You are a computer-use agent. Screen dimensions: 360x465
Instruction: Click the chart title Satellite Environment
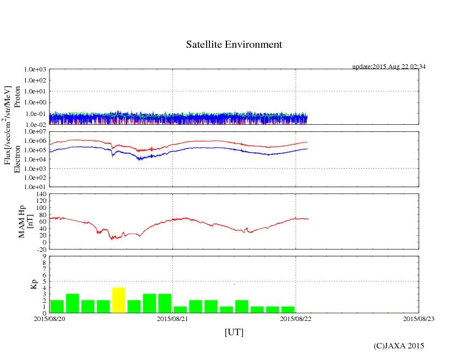[x=234, y=45]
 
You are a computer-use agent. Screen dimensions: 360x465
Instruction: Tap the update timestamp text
[x=389, y=67]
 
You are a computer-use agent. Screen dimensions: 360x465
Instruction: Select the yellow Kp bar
[x=119, y=300]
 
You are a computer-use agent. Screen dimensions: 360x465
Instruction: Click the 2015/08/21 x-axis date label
[x=173, y=319]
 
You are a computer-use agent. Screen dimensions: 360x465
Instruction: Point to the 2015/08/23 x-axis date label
[x=419, y=319]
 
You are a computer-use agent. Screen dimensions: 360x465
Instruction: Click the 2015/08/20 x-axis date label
[x=49, y=319]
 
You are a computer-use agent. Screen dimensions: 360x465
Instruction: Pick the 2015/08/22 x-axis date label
[x=296, y=319]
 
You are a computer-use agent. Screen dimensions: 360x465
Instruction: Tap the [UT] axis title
[x=234, y=333]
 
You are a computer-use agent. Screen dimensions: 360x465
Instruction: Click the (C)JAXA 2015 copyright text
[x=398, y=346]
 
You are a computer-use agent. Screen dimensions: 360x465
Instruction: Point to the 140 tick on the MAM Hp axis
[x=40, y=194]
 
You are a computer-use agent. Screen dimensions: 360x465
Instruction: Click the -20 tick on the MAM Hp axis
[x=40, y=249]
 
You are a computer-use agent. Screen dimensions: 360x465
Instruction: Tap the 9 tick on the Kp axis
[x=44, y=256]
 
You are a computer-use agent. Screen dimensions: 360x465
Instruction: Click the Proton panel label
[x=17, y=97]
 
